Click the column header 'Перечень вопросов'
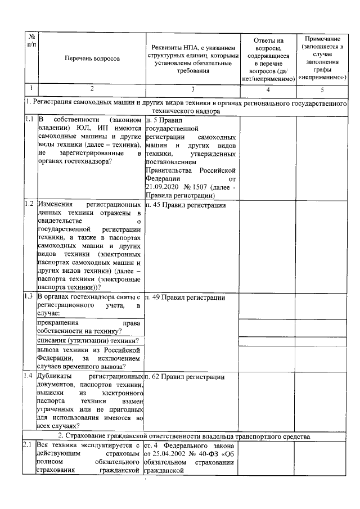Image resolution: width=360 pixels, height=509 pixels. (92, 58)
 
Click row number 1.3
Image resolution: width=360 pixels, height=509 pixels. (30, 297)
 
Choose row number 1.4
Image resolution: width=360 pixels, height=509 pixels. (30, 376)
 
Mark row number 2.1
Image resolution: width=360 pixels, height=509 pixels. (30, 445)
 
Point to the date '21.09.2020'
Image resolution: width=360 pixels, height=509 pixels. (162, 186)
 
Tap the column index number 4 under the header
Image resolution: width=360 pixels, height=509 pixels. (268, 89)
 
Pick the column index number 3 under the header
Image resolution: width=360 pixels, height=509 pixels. (192, 89)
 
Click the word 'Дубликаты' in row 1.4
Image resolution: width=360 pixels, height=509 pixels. (55, 376)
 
